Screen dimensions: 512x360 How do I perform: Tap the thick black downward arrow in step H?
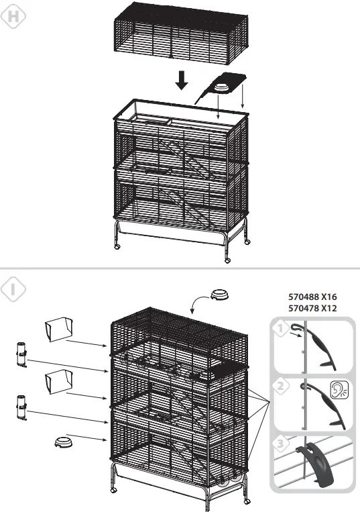click(181, 81)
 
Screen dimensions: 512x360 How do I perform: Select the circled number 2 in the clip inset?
click(282, 386)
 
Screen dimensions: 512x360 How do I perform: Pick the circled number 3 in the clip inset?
click(282, 444)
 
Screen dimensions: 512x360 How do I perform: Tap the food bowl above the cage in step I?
click(219, 295)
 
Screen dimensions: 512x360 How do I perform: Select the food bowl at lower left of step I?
click(63, 442)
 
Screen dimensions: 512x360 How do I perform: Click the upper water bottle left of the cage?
click(22, 354)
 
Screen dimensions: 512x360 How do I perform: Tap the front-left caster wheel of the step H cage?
click(119, 246)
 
